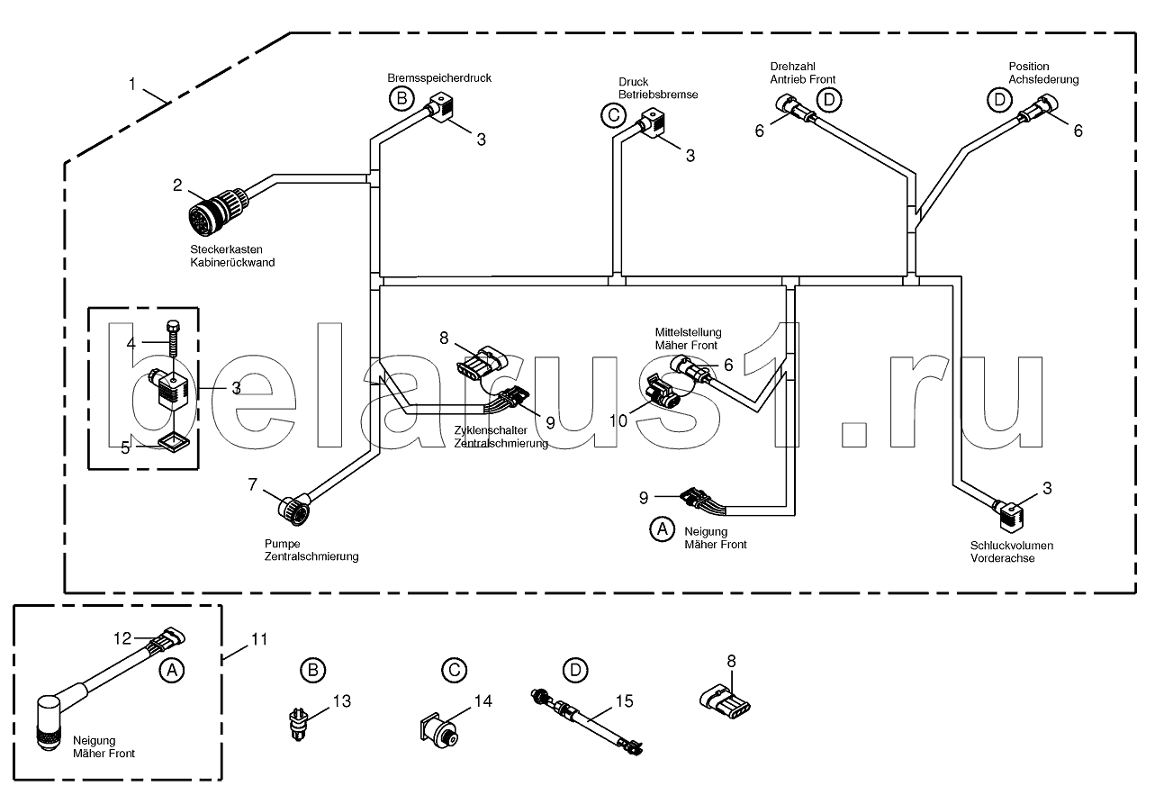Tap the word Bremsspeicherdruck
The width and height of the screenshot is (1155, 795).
[439, 77]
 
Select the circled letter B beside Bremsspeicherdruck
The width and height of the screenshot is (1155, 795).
[402, 98]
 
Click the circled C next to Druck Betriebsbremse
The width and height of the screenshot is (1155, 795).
[614, 115]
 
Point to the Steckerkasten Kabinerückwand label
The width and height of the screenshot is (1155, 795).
[232, 256]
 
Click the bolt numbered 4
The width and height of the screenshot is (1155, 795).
[173, 339]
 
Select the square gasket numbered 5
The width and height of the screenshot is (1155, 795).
[173, 442]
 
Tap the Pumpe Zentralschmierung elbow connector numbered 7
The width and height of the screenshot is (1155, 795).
[294, 508]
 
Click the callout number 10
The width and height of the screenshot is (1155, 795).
[618, 421]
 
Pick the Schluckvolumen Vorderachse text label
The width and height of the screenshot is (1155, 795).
[1012, 552]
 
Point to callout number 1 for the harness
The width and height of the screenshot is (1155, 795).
[132, 84]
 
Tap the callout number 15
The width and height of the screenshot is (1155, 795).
[625, 701]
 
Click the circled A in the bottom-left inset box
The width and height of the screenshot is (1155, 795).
[172, 670]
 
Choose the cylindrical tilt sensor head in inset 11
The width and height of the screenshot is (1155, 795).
[50, 722]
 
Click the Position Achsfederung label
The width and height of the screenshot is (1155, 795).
[1043, 73]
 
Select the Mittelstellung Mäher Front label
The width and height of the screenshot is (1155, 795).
[688, 339]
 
